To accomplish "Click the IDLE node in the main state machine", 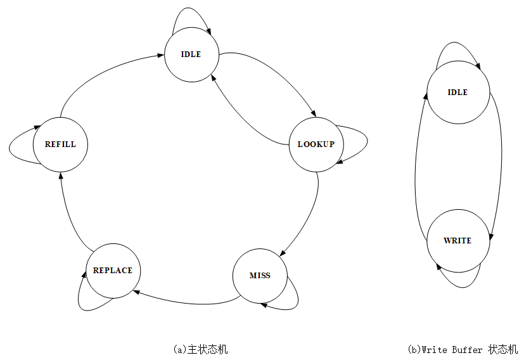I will click(191, 55).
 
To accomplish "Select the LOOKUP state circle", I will click(316, 145).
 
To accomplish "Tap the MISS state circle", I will click(260, 276).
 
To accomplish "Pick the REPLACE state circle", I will click(113, 271).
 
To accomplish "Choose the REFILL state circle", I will click(60, 145).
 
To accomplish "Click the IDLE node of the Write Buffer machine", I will click(457, 93).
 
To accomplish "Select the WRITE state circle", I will click(457, 241).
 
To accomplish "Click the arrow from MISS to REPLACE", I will click(184, 302).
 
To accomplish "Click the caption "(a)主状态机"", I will click(200, 349).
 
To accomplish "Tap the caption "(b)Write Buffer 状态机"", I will click(463, 349).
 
